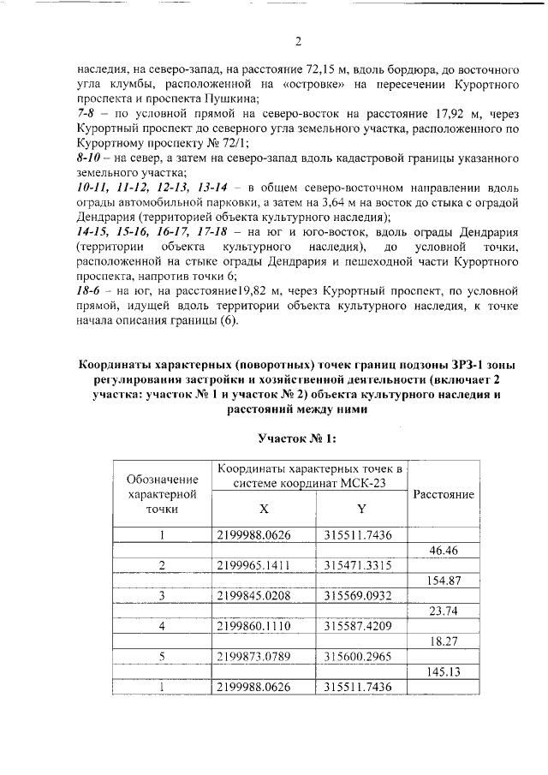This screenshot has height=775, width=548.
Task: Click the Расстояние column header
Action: (x=444, y=494)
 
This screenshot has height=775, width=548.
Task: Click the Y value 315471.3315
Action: (x=359, y=565)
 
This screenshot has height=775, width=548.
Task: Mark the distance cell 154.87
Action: (x=444, y=581)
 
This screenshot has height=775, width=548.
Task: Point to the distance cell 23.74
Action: (x=444, y=611)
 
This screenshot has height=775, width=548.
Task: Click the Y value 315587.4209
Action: (x=359, y=626)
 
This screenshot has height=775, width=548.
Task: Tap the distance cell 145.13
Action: (x=444, y=671)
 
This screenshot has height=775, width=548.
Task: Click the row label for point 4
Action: (x=162, y=626)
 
